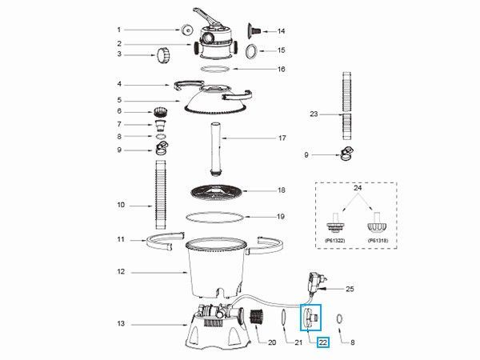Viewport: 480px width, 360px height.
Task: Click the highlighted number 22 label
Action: pos(323,342)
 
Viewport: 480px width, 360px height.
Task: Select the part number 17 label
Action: pos(282,138)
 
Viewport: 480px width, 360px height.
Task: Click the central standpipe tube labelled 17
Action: pos(216,149)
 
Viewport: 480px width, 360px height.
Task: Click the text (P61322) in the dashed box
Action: pos(335,241)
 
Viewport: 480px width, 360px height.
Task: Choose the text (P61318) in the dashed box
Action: pos(378,241)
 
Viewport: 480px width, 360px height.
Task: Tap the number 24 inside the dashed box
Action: pos(358,188)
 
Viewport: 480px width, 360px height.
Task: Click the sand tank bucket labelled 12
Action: pos(216,269)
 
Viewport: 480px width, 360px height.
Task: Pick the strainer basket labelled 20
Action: pos(257,318)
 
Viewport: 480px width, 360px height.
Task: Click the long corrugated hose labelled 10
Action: pos(161,194)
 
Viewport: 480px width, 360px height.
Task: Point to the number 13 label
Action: pos(122,323)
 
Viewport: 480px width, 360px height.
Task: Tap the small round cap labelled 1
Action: pos(186,30)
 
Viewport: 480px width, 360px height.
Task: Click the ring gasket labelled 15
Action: pos(252,51)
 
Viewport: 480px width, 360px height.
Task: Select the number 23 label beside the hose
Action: pos(314,114)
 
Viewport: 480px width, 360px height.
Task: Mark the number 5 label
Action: pos(119,100)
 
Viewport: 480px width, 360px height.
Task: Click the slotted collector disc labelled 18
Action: pos(216,192)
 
